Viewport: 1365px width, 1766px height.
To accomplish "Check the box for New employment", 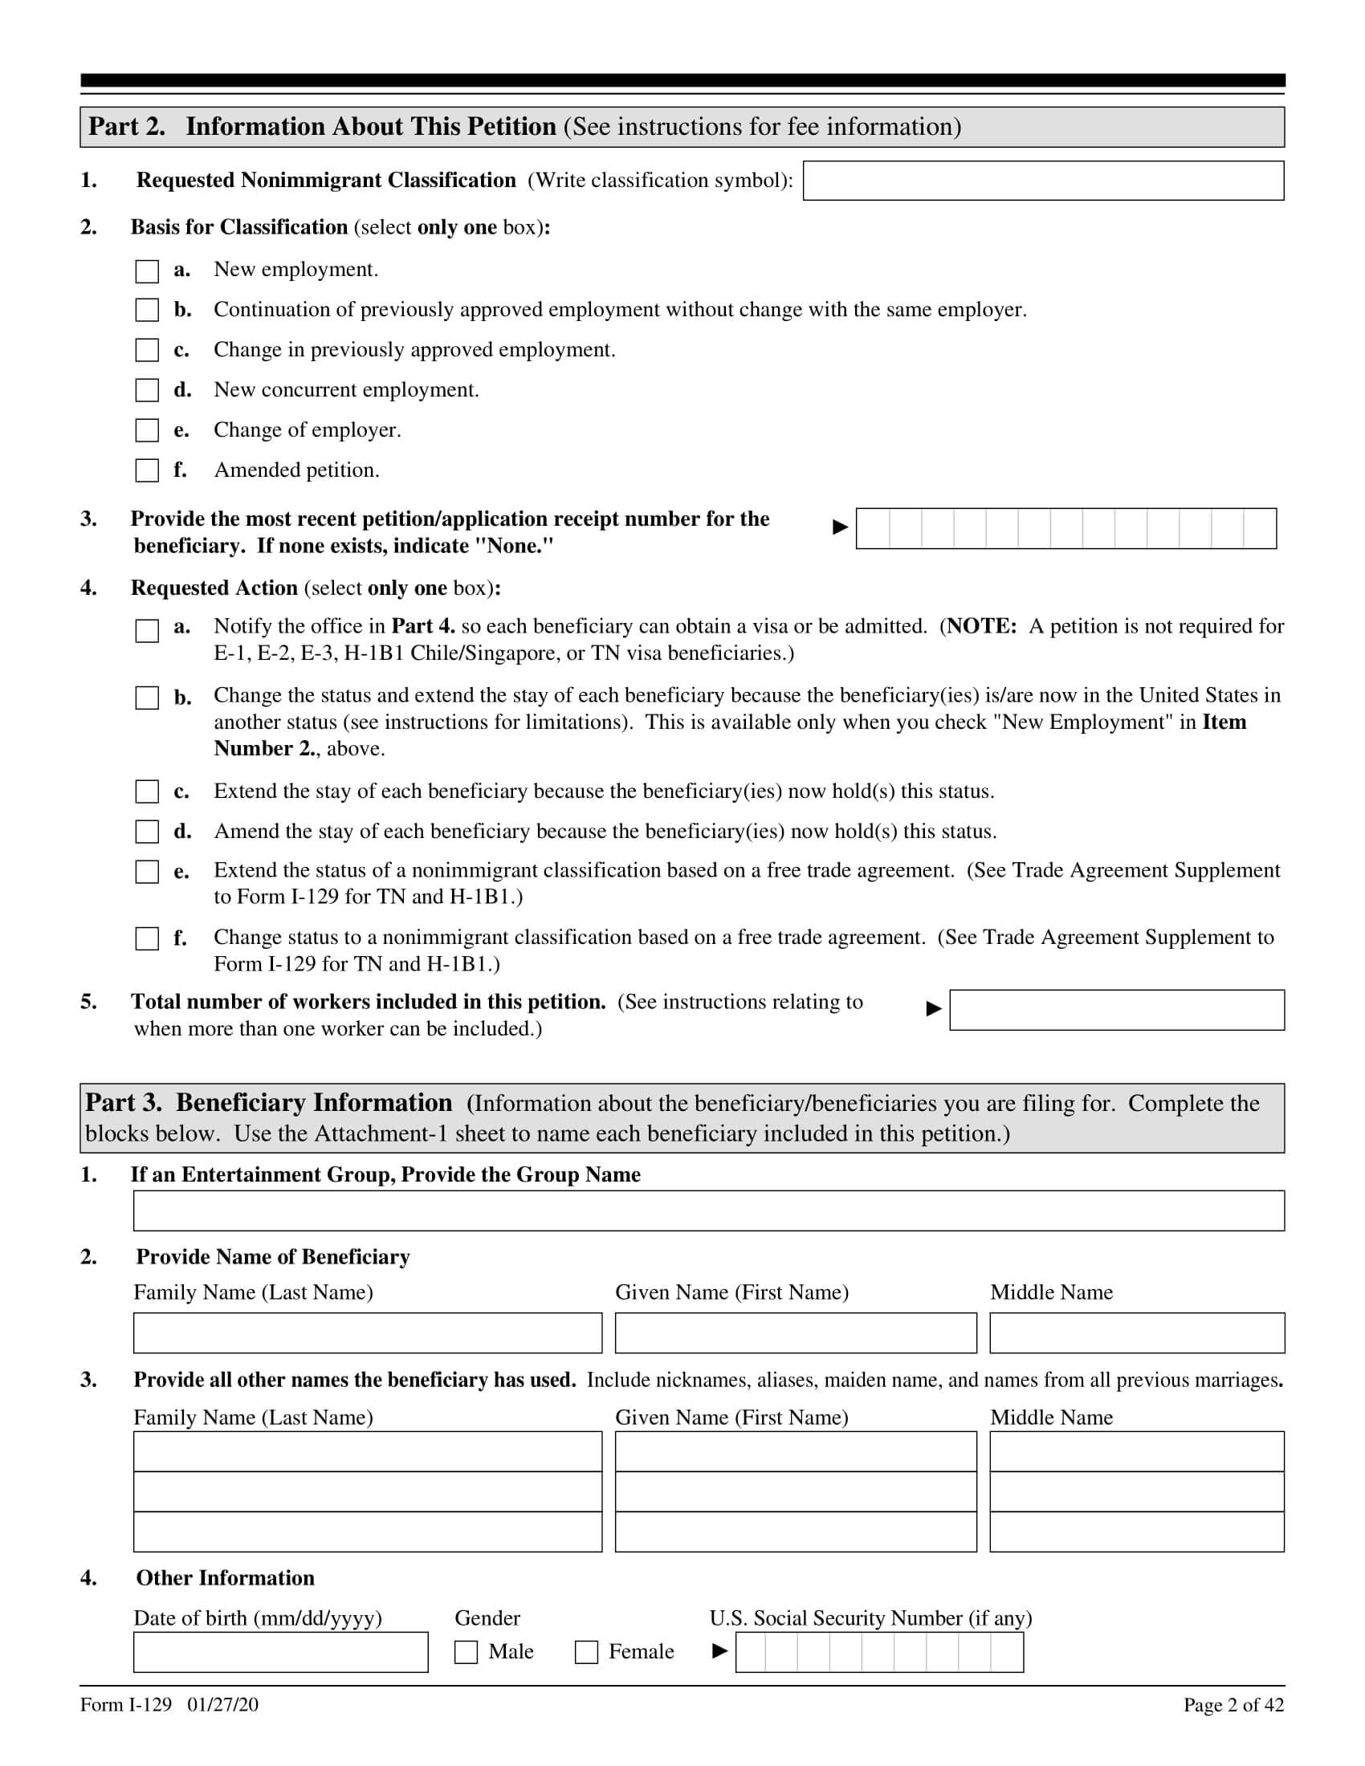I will [x=147, y=271].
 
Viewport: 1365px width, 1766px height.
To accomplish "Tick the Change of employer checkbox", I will [x=147, y=430].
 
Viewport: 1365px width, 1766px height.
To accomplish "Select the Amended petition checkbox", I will [x=147, y=470].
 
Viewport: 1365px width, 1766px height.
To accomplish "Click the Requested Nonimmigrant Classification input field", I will [x=1042, y=181].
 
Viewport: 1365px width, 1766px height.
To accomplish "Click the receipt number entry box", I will [x=1065, y=529].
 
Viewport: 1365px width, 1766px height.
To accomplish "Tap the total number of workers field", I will [x=1116, y=1010].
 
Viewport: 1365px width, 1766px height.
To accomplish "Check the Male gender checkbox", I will [x=467, y=1652].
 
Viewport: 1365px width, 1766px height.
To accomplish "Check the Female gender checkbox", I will [x=586, y=1652].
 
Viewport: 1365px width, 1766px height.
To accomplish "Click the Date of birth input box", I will [x=280, y=1652].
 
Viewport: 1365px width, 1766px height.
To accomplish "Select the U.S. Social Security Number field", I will [x=879, y=1652].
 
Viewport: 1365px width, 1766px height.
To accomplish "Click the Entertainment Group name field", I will [x=708, y=1211].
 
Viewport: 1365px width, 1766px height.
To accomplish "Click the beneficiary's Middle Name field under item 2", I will [x=1136, y=1333].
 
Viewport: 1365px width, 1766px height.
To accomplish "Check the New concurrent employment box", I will [x=147, y=391].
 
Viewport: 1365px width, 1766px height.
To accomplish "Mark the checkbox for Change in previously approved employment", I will [x=147, y=350].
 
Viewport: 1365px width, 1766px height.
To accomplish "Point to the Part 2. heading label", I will [x=127, y=127].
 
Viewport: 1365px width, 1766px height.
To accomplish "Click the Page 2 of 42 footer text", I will [x=1233, y=1705].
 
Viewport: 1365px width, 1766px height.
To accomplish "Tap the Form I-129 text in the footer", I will [x=126, y=1705].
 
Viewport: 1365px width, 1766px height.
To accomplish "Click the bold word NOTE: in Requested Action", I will [x=981, y=627].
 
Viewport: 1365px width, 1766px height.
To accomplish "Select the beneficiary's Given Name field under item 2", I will [x=795, y=1333].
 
